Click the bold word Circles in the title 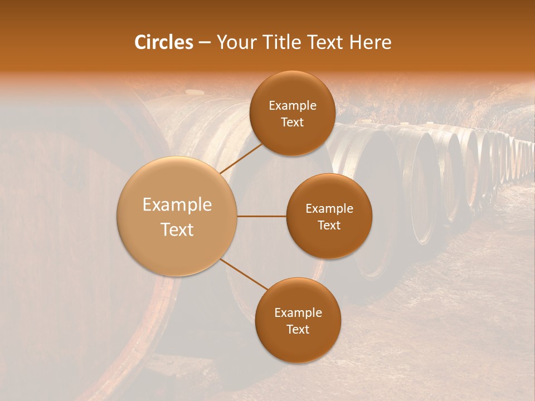pyautogui.click(x=163, y=42)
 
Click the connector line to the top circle pyautogui.click(x=241, y=158)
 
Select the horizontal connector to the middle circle pyautogui.click(x=261, y=216)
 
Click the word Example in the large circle pyautogui.click(x=177, y=205)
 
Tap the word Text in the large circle pyautogui.click(x=177, y=229)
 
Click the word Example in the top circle pyautogui.click(x=293, y=106)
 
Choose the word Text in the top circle pyautogui.click(x=293, y=123)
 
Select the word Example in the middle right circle pyautogui.click(x=329, y=209)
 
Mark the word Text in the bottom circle pyautogui.click(x=298, y=329)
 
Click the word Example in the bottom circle pyautogui.click(x=298, y=313)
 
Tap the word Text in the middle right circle pyautogui.click(x=329, y=225)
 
